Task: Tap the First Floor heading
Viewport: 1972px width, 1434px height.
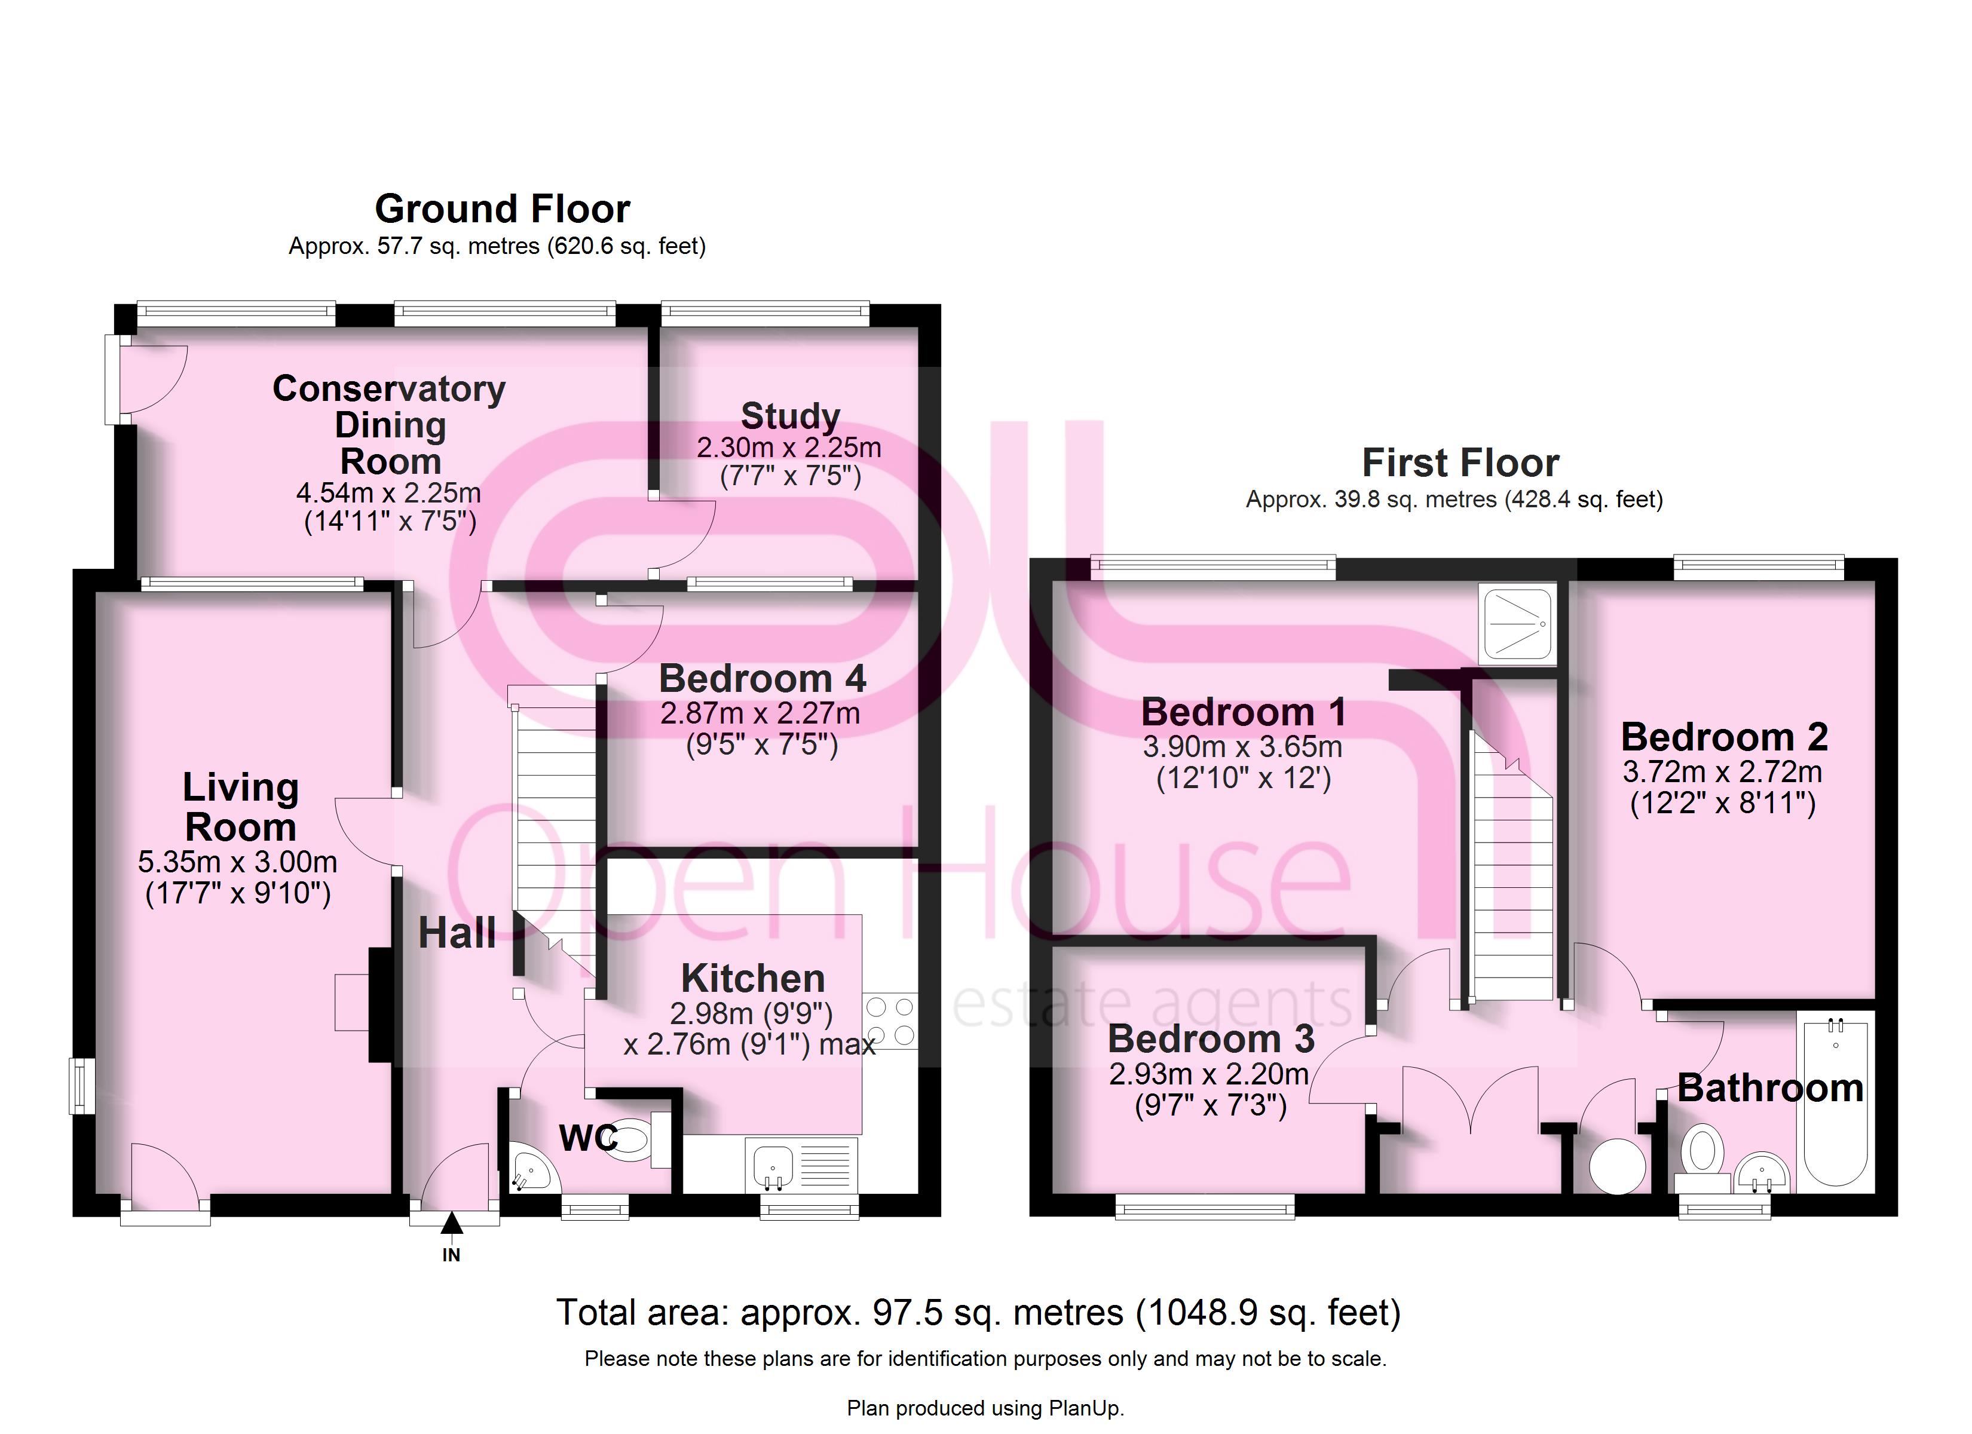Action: point(1460,462)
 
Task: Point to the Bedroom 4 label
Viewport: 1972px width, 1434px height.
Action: point(762,678)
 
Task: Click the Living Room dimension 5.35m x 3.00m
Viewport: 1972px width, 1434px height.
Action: point(237,862)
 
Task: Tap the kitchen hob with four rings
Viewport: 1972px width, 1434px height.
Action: point(889,1021)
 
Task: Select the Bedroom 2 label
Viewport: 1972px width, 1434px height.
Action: point(1724,737)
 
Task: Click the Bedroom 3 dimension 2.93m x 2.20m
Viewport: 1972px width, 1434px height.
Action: point(1208,1074)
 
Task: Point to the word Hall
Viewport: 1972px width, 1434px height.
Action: point(457,933)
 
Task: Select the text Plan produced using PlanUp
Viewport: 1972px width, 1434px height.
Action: point(985,1408)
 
